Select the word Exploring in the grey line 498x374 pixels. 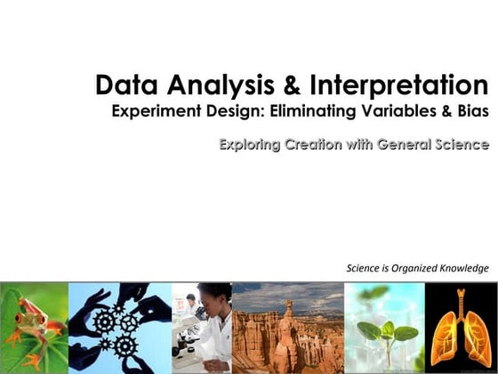(253, 144)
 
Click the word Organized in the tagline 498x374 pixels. (412, 268)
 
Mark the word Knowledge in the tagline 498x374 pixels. (462, 268)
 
